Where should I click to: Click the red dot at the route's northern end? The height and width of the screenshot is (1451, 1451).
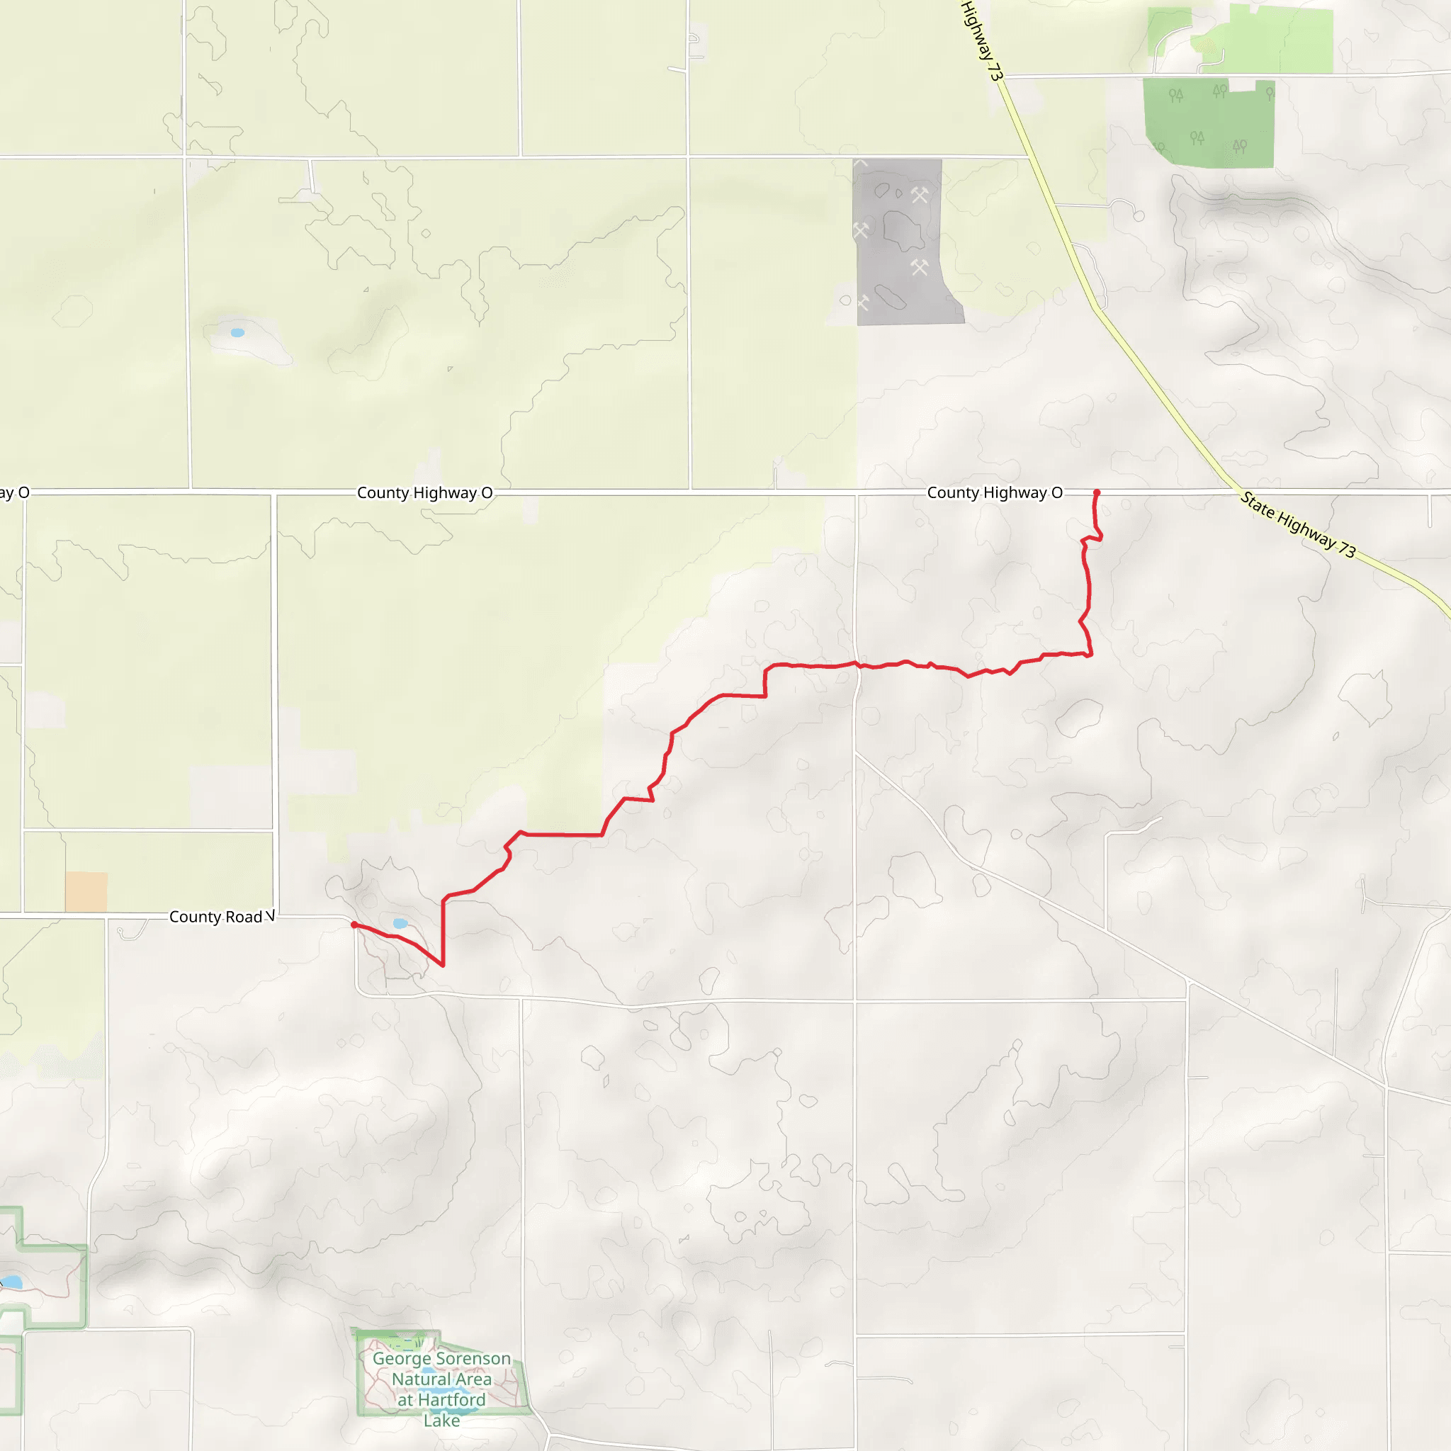coord(1097,492)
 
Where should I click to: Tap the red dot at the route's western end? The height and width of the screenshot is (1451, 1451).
coord(354,925)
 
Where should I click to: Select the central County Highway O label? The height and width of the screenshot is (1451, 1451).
coord(424,492)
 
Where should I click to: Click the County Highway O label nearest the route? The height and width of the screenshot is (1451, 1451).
coord(994,492)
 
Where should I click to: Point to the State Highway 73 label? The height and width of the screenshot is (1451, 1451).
coord(1298,524)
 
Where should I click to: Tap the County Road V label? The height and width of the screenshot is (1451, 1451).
coord(222,917)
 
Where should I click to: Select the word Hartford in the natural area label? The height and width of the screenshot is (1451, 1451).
coord(451,1399)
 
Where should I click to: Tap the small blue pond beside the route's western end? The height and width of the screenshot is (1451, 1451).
coord(400,923)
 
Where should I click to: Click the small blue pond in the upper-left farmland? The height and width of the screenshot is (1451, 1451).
coord(237,333)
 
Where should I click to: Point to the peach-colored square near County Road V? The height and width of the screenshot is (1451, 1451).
coord(86,891)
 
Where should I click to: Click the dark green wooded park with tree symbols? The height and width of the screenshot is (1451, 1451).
coord(1208,123)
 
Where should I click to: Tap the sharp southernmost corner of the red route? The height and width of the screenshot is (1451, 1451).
coord(442,966)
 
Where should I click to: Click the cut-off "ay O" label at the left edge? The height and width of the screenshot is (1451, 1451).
coord(14,492)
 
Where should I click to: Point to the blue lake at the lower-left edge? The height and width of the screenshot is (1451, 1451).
coord(11,1281)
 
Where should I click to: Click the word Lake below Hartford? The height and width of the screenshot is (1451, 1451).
coord(441,1421)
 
